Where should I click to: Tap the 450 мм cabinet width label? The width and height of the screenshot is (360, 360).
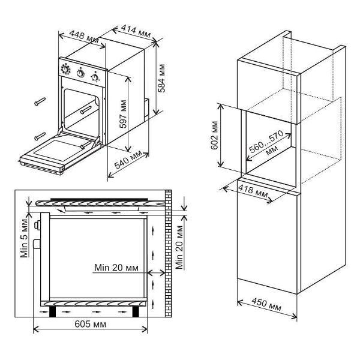coord(267,307)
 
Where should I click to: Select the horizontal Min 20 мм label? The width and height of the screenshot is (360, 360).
coord(117,268)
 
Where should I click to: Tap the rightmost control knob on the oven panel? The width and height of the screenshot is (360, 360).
coord(94,76)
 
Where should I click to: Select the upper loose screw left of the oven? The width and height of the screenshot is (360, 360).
coord(41,100)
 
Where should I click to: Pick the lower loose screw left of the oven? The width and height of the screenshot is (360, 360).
coord(41,133)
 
